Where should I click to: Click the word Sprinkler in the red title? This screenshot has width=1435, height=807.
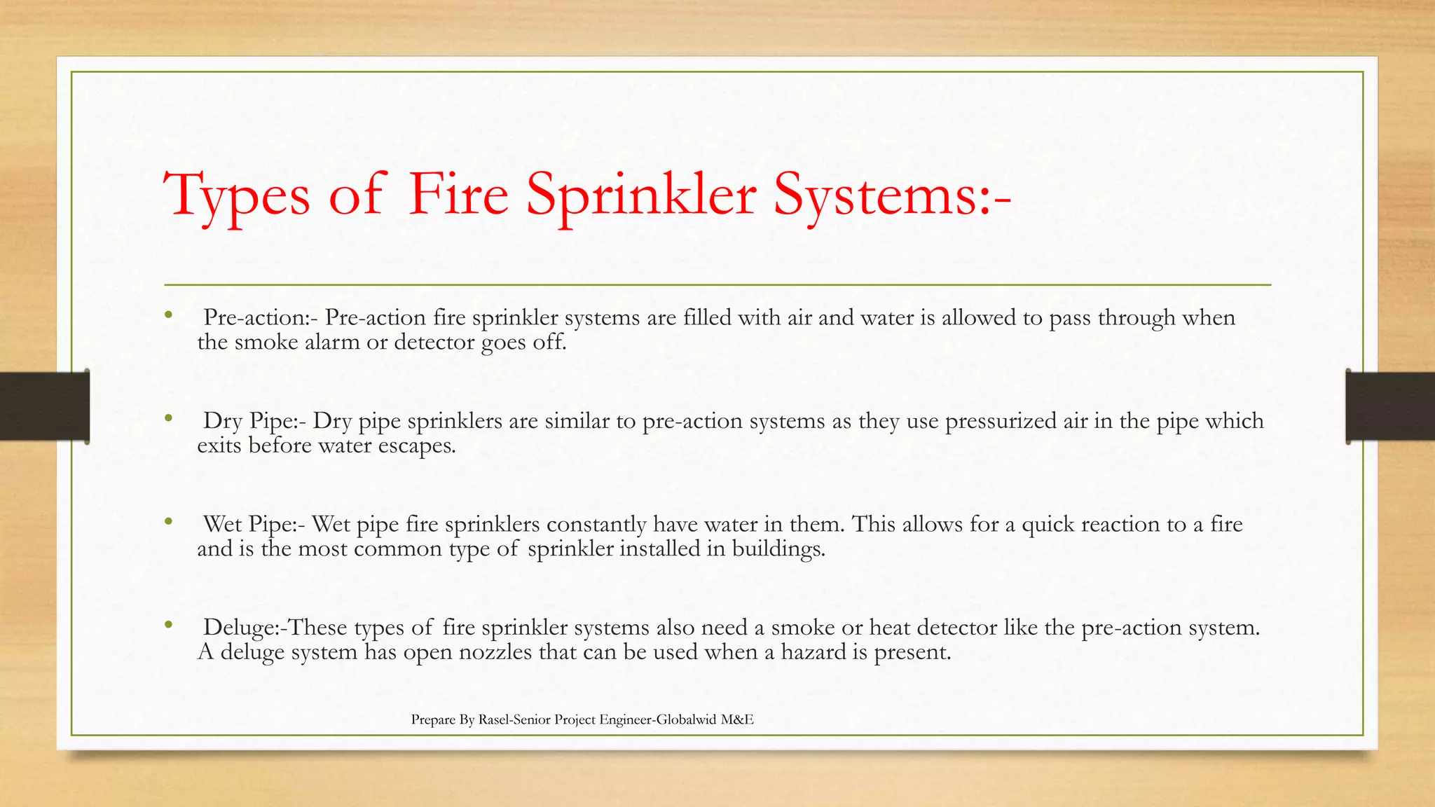click(640, 194)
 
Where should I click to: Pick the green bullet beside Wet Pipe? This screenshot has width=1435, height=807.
click(168, 522)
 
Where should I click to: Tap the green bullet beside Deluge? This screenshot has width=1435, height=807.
click(168, 625)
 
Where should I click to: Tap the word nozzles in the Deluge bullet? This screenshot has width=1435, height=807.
click(495, 652)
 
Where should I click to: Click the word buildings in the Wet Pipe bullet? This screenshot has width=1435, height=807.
click(778, 549)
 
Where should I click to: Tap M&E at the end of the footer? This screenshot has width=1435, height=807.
click(736, 719)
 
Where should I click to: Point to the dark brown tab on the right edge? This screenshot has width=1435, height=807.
click(1390, 406)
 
